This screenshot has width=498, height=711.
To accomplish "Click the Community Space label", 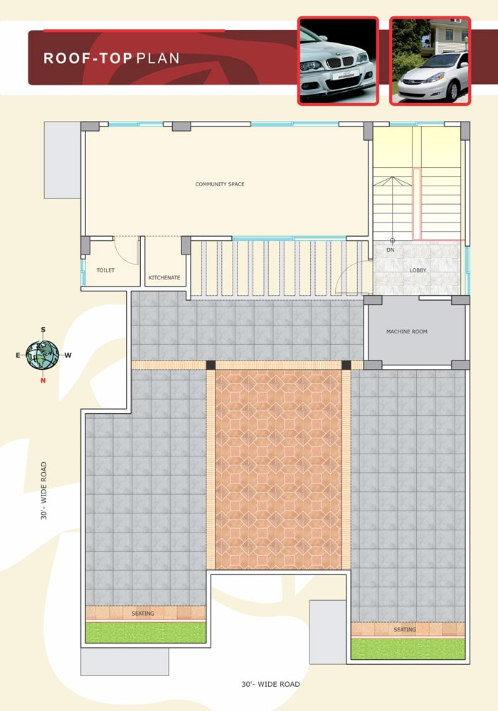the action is click(220, 184).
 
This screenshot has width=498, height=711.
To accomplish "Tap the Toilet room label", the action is click(106, 270).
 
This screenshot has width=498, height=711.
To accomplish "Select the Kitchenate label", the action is click(164, 277).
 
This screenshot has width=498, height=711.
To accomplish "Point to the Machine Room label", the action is click(407, 331).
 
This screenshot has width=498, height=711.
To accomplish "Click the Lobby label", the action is click(418, 270).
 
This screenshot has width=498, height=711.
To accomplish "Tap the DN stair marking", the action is click(391, 250).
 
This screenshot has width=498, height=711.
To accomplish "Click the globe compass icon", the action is click(42, 355).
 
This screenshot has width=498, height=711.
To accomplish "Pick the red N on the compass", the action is click(43, 380).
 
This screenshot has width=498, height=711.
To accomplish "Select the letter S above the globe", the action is click(43, 330).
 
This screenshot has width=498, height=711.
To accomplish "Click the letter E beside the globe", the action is click(18, 355).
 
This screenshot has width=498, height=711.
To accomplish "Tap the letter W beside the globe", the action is click(68, 355).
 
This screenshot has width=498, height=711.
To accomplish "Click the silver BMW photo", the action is click(338, 61).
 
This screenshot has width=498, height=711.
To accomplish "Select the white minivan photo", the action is click(430, 61).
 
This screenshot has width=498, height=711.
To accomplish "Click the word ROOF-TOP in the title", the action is click(88, 58).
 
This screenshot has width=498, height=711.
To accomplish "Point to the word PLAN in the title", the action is click(158, 58).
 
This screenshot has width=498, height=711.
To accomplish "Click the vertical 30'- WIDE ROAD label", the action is click(44, 491).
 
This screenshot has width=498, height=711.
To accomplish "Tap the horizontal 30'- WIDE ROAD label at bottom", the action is click(271, 684).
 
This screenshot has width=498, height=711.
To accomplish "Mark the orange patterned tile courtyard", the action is click(278, 469).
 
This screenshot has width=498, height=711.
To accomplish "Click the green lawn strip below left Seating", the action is click(146, 632).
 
